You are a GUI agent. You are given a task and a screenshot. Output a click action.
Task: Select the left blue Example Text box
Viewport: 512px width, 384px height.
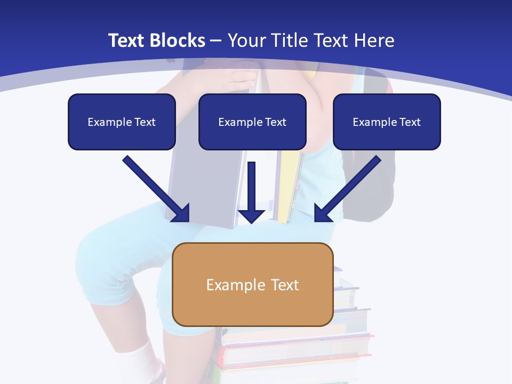122,122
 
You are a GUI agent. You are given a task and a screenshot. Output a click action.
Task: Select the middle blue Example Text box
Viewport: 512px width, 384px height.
252,122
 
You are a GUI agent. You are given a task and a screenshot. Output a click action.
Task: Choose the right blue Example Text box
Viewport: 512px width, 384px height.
387,122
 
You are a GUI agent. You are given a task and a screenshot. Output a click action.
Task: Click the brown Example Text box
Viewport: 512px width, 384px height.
252,284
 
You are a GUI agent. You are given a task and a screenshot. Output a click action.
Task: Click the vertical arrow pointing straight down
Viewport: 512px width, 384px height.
251,187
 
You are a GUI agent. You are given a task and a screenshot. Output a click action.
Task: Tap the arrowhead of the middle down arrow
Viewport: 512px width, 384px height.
251,216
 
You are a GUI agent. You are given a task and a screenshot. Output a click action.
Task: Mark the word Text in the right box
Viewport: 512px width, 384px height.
409,122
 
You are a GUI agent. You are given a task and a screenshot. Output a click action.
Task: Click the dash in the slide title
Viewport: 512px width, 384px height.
216,41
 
